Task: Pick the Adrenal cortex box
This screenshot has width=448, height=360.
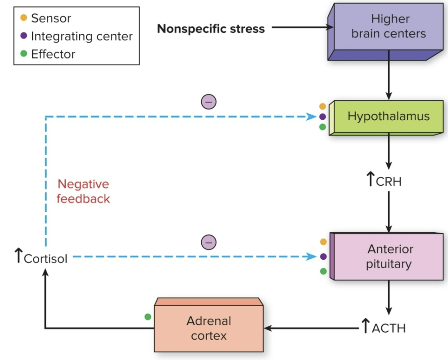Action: (x=208, y=328)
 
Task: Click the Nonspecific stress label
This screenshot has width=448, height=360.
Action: (x=211, y=29)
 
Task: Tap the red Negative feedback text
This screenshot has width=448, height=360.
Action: (x=83, y=191)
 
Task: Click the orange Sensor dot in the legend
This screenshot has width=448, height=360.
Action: (x=24, y=18)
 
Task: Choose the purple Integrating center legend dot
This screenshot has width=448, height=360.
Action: (x=24, y=36)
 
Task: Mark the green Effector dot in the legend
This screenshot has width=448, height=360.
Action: (x=24, y=54)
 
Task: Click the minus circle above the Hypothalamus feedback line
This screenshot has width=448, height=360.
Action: (x=208, y=102)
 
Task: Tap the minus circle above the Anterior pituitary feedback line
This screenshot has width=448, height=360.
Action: (x=208, y=242)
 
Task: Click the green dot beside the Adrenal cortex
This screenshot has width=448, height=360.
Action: (x=148, y=317)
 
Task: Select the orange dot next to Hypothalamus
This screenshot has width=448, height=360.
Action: (x=322, y=107)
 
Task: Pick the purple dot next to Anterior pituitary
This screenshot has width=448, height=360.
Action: (x=323, y=256)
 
